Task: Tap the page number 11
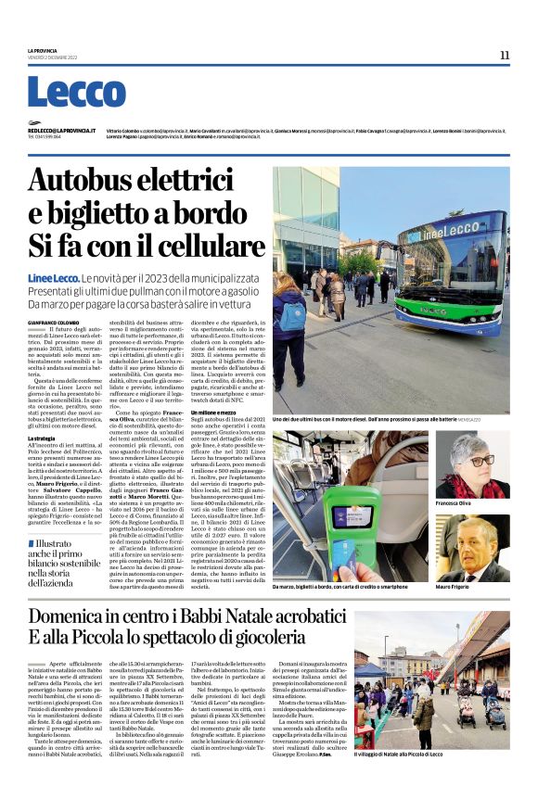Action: pos(504,55)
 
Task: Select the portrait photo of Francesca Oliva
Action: pos(484,464)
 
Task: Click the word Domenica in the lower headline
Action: pos(104,617)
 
